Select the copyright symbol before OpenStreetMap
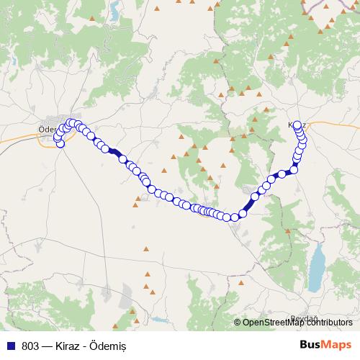[238, 323]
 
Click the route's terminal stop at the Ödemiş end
[60, 143]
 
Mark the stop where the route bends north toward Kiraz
[235, 217]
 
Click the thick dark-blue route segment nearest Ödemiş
[115, 152]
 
